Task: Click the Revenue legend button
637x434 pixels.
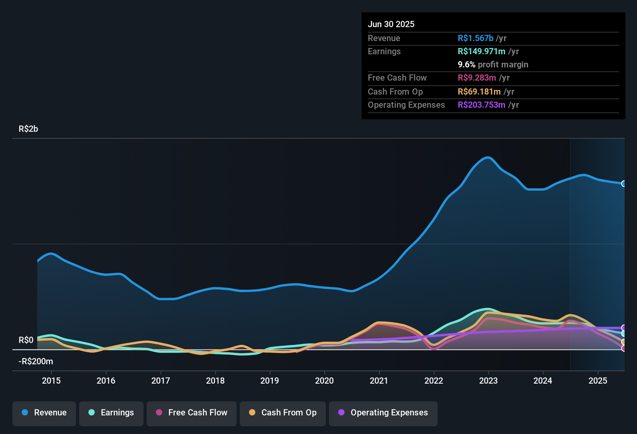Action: pyautogui.click(x=44, y=413)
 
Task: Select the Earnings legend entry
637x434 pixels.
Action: pyautogui.click(x=111, y=413)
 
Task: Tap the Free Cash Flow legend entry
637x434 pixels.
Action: pyautogui.click(x=192, y=413)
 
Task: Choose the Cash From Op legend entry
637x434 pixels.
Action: pyautogui.click(x=283, y=413)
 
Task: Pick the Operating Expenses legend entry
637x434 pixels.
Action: pyautogui.click(x=383, y=413)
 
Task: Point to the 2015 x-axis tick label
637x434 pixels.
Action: pyautogui.click(x=51, y=381)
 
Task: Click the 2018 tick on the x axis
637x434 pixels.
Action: pyautogui.click(x=215, y=381)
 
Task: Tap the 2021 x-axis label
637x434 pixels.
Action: pyautogui.click(x=379, y=381)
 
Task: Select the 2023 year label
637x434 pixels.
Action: pyautogui.click(x=488, y=381)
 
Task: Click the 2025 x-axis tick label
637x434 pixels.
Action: pyautogui.click(x=598, y=381)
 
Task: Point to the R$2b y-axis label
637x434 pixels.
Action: pyautogui.click(x=28, y=129)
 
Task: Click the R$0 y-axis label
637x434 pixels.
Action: pyautogui.click(x=26, y=340)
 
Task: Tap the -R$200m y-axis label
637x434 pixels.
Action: pyautogui.click(x=36, y=362)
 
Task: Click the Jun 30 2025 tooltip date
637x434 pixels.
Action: pyautogui.click(x=391, y=24)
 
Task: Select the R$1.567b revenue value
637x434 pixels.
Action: pyautogui.click(x=476, y=38)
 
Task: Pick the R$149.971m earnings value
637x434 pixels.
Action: pyautogui.click(x=481, y=51)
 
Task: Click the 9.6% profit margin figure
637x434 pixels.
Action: pyautogui.click(x=467, y=64)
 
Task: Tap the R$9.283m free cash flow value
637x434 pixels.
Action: pyautogui.click(x=477, y=77)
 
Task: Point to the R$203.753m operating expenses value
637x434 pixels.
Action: pyautogui.click(x=481, y=105)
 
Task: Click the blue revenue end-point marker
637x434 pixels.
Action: pyautogui.click(x=623, y=184)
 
